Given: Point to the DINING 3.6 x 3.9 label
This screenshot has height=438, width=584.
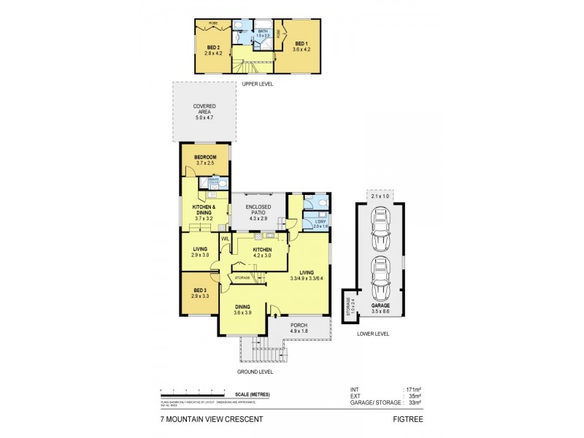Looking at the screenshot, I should coord(242,310).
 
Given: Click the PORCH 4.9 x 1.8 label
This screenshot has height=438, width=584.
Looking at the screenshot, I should coord(300,327).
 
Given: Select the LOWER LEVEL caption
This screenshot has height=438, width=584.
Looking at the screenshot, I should coord(373,334).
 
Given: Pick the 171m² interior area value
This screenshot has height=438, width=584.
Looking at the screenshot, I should coord(414,389).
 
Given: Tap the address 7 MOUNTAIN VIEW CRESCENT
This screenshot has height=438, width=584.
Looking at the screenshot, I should coord(211,420).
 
